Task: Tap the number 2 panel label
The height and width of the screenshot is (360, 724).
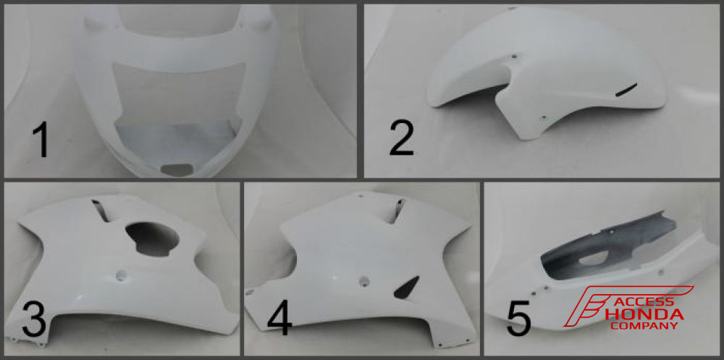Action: click(x=402, y=138)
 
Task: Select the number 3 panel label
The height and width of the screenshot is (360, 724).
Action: click(x=34, y=319)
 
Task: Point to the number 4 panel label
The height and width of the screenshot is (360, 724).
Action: click(x=279, y=319)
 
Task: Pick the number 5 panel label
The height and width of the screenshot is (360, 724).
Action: click(x=519, y=319)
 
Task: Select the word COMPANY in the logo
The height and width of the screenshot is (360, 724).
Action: click(x=644, y=326)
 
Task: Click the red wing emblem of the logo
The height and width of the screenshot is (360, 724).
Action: click(x=596, y=305)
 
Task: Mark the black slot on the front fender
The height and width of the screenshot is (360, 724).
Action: click(x=626, y=90)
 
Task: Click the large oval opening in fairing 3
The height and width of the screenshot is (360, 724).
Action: click(x=153, y=238)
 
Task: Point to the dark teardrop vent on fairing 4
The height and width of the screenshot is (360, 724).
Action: click(x=407, y=287)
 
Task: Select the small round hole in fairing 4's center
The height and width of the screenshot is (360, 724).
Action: click(x=364, y=280)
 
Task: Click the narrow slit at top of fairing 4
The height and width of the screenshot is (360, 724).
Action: click(x=397, y=211)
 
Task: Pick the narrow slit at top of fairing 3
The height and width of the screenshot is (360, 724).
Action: click(x=101, y=210)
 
